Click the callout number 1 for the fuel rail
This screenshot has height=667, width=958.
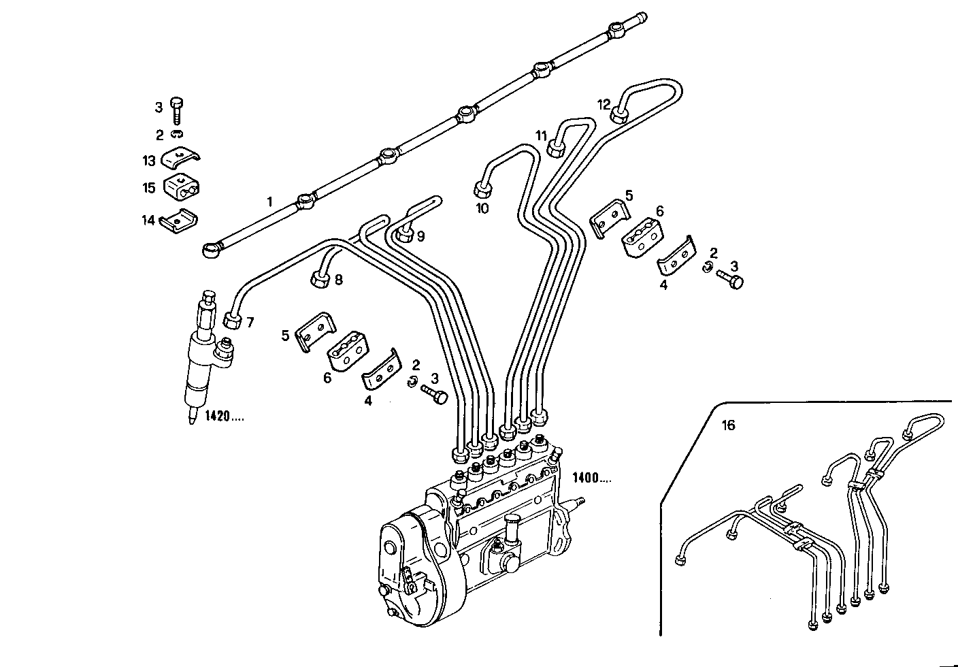(x=269, y=201)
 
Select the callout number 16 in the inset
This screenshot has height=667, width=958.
(x=728, y=425)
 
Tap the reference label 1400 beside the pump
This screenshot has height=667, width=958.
(x=591, y=478)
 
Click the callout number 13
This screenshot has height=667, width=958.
(x=149, y=161)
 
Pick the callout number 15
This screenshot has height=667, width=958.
(x=149, y=188)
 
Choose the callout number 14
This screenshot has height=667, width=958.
(x=149, y=220)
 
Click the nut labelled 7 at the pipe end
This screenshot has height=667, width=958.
(x=232, y=319)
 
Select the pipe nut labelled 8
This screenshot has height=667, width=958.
(x=319, y=278)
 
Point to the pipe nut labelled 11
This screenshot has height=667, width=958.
(x=557, y=146)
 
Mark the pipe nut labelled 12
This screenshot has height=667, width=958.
(x=619, y=114)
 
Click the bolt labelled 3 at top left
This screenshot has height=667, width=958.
(x=177, y=110)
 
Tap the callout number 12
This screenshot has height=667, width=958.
(x=604, y=104)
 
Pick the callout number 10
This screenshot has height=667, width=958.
(x=482, y=208)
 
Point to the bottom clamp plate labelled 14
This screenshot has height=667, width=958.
(x=179, y=221)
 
